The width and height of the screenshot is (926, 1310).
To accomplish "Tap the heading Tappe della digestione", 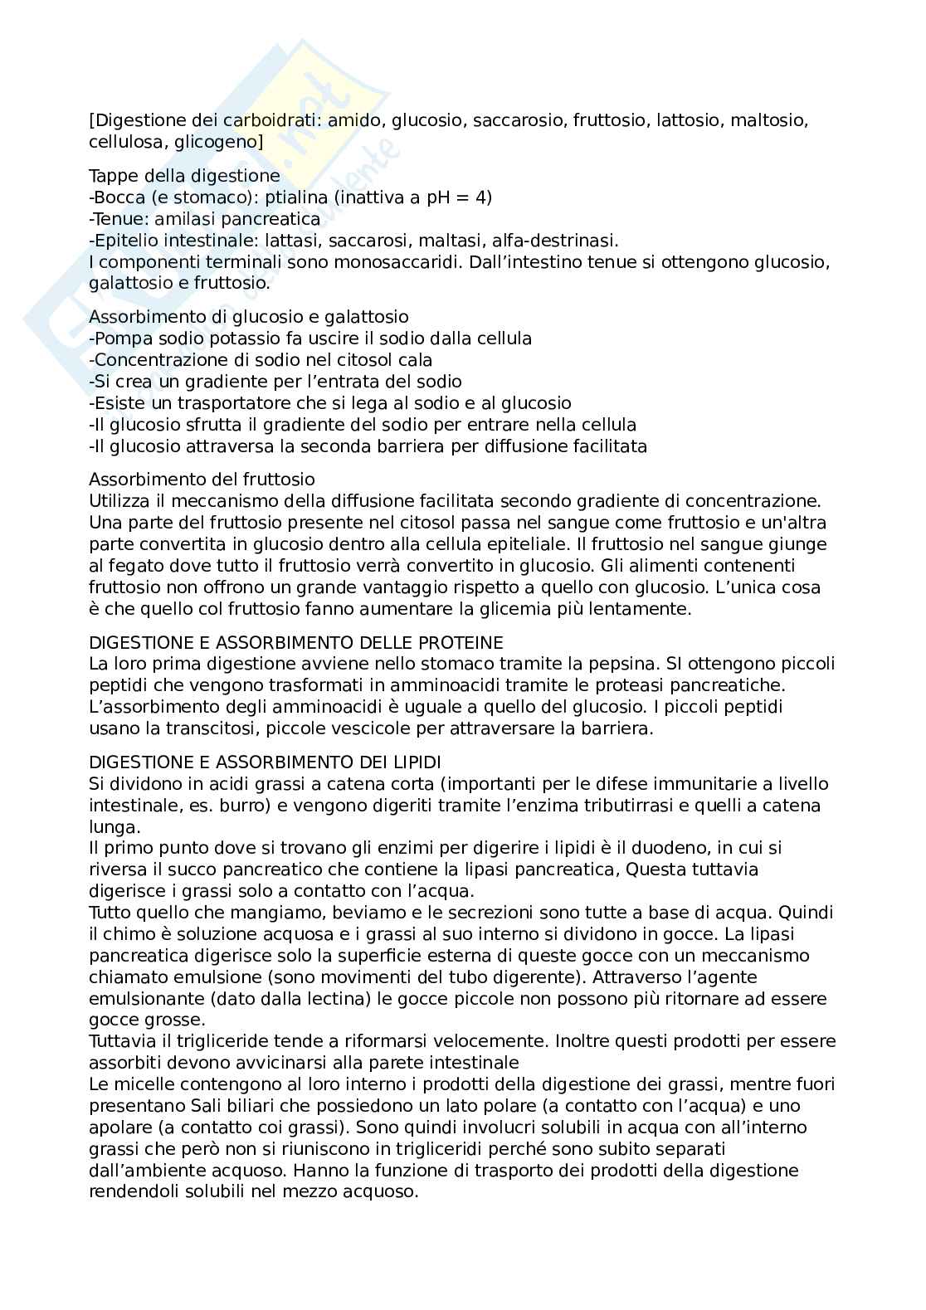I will [184, 176].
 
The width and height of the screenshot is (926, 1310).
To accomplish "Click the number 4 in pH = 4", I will [485, 197].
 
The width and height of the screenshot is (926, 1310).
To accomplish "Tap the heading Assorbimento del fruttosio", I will [202, 480].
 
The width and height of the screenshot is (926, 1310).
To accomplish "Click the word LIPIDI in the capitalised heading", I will [407, 762].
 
